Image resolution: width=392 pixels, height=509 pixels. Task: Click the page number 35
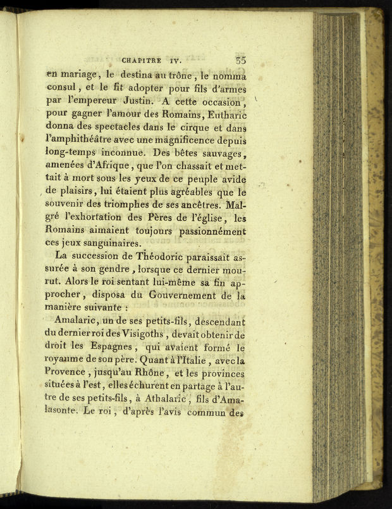240,61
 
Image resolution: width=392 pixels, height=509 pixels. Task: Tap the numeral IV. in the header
191,61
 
